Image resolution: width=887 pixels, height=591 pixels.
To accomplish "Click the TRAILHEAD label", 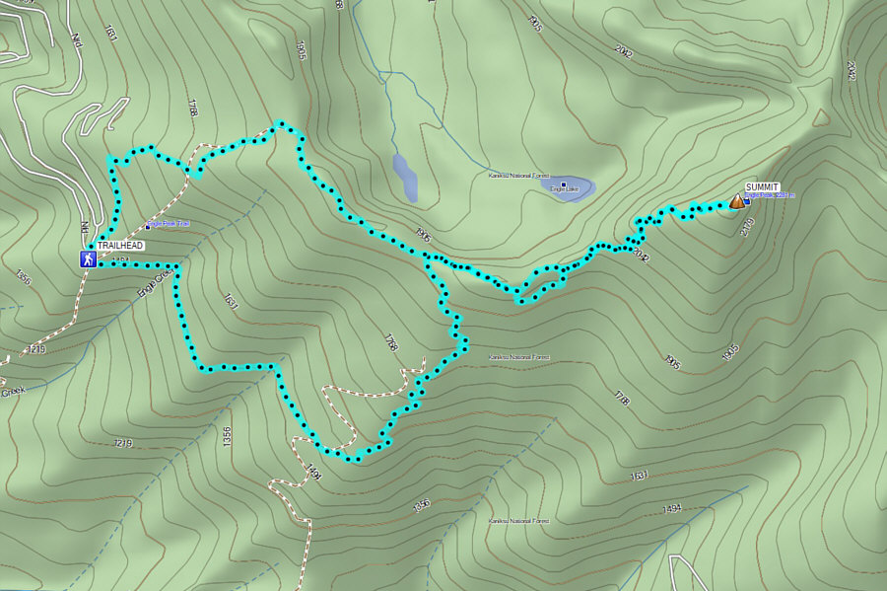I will tap(120, 245).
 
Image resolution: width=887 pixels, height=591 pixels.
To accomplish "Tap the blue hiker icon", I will tap(88, 259).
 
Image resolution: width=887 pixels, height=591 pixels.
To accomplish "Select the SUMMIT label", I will tap(762, 186).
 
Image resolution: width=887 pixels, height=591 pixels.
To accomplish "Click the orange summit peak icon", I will tap(737, 201).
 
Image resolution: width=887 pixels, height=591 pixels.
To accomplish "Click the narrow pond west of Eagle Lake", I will tap(405, 178).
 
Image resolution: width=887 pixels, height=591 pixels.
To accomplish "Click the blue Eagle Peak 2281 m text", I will tap(771, 195).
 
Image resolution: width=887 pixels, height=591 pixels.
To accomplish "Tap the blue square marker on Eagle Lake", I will tap(564, 185).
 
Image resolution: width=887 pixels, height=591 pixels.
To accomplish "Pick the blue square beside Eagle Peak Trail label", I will tap(147, 228).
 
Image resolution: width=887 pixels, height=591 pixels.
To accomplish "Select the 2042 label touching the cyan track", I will tap(642, 255).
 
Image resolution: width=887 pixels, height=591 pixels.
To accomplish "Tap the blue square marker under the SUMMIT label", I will tap(747, 202).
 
